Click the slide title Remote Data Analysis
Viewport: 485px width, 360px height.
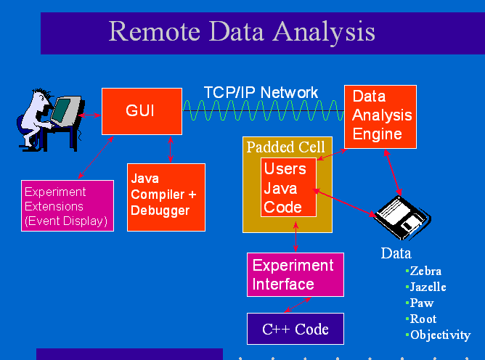coord(242,32)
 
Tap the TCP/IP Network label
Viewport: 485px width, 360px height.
coord(261,93)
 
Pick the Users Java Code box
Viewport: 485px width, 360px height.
coord(289,188)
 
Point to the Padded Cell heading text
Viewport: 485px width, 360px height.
coord(287,147)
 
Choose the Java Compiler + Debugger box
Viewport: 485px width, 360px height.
coord(166,197)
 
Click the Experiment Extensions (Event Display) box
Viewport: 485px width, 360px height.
coord(68,207)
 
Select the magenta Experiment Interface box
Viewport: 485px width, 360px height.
coord(295,274)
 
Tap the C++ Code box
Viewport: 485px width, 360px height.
coord(295,330)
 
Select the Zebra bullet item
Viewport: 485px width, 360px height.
coord(425,271)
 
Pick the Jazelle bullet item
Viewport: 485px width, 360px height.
coord(428,287)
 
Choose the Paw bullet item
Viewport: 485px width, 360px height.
coord(421,303)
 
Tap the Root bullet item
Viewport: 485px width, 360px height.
coord(423,319)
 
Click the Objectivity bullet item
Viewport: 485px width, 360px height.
coord(439,335)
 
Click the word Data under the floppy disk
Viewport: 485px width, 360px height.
coord(396,253)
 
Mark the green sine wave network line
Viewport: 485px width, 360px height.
coord(262,112)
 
